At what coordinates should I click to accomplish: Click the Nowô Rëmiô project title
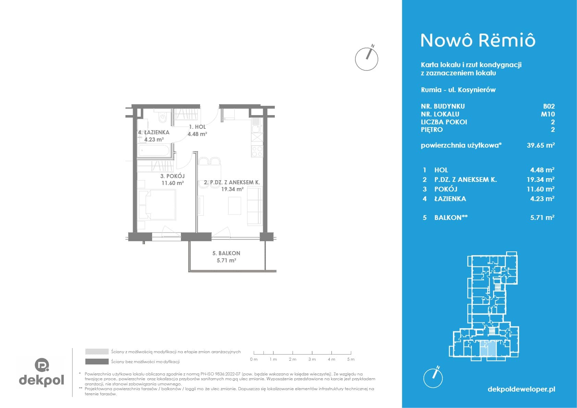click(478, 40)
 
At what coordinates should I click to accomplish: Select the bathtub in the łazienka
click(154, 150)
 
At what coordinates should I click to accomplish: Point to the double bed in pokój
click(157, 205)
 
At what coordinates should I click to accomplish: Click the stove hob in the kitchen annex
click(257, 151)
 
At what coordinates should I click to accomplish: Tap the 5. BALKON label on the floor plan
click(226, 253)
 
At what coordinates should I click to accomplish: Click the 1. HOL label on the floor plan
click(197, 127)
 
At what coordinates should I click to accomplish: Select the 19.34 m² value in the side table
click(540, 179)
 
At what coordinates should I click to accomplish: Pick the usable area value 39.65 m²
click(541, 145)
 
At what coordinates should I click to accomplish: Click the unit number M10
click(548, 114)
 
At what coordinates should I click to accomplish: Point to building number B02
click(549, 106)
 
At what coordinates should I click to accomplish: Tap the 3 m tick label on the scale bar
click(312, 359)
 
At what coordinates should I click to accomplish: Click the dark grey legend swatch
click(97, 361)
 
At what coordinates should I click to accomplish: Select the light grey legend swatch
click(97, 351)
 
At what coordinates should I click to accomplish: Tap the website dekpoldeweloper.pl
click(521, 389)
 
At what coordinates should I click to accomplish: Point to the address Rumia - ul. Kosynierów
click(458, 90)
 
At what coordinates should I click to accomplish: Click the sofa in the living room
click(255, 207)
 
